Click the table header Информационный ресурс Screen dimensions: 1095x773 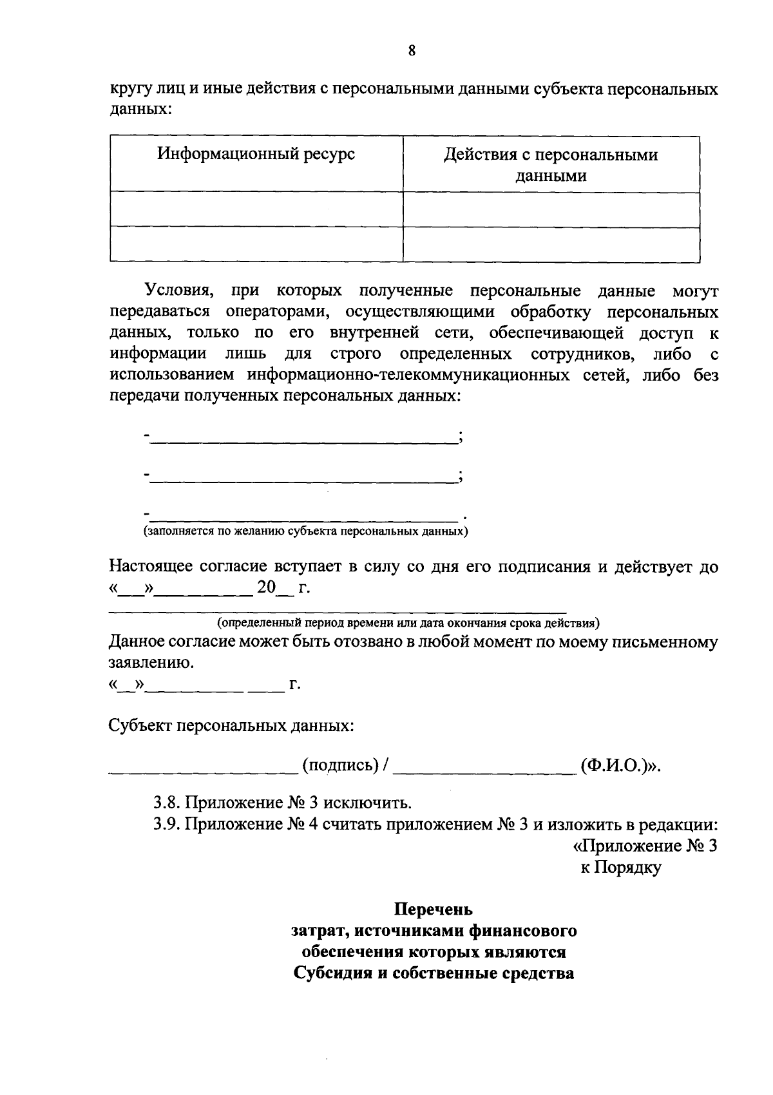pos(256,155)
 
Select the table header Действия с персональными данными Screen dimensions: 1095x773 pos(551,165)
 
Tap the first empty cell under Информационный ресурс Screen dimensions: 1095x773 pos(256,209)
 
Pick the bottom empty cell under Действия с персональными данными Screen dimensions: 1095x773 pos(551,245)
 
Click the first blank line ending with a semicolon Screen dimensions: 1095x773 pos(303,437)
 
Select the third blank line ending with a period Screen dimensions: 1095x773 pos(303,515)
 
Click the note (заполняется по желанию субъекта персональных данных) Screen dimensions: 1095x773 pos(305,531)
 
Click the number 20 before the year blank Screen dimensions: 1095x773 pos(266,587)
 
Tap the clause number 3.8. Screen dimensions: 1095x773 pos(167,803)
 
